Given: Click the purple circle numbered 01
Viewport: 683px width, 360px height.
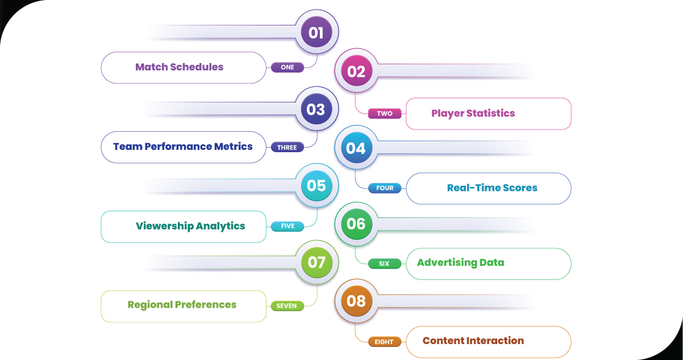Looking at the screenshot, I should pos(316,32).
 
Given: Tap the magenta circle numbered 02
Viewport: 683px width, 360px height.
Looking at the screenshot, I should pos(356,72).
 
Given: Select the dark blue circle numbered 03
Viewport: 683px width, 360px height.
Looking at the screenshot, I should pos(316,109).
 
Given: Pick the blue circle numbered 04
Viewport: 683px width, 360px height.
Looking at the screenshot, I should pos(356,148).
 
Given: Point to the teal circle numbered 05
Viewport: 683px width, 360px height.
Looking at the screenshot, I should pos(316,186).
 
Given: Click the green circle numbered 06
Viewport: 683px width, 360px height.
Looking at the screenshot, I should pos(356,224).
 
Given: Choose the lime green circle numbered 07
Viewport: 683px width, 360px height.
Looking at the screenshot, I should pos(316,262).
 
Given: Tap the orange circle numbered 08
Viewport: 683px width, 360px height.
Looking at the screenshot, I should pos(356,300).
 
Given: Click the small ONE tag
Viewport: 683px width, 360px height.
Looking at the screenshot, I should pos(288,67).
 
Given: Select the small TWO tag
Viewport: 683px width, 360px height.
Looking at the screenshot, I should pos(385,114).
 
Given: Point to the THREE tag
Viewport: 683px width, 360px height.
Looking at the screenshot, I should pos(288,147).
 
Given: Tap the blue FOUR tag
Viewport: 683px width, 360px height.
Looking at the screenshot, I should pos(385,188).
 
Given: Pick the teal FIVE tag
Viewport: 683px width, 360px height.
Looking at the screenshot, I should pos(288,226).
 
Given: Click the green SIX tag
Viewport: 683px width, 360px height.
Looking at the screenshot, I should pos(385,263).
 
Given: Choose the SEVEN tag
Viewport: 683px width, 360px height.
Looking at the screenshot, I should pos(288,305).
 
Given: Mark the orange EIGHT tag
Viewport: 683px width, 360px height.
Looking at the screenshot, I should pos(385,342).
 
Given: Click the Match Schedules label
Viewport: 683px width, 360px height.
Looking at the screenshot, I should pos(179,67).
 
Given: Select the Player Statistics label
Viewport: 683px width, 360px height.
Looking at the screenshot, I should pos(473,114).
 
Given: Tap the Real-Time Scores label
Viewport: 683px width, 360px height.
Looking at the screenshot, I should pos(492,188).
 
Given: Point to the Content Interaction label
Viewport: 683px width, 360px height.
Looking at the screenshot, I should pos(473,341).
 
